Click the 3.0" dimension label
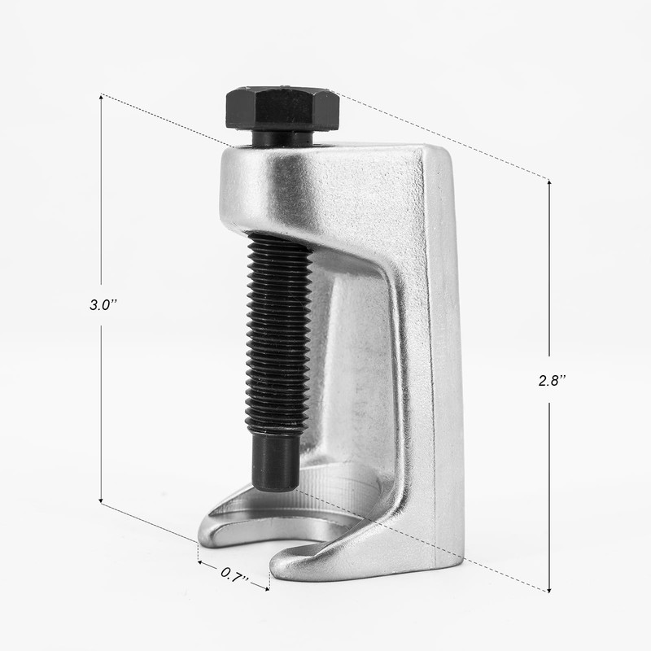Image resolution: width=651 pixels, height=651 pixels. (x=101, y=305)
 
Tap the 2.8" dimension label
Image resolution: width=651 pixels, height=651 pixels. (x=550, y=380)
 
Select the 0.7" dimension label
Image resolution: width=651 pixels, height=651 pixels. (x=234, y=575)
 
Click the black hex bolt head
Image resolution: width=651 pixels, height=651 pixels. (x=282, y=109)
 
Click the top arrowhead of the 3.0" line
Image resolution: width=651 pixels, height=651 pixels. (x=100, y=97)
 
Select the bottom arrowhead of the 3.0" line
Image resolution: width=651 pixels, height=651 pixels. (x=100, y=500)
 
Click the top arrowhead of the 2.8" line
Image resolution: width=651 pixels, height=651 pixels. (x=549, y=182)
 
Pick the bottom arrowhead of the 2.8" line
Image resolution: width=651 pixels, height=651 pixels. (x=549, y=589)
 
